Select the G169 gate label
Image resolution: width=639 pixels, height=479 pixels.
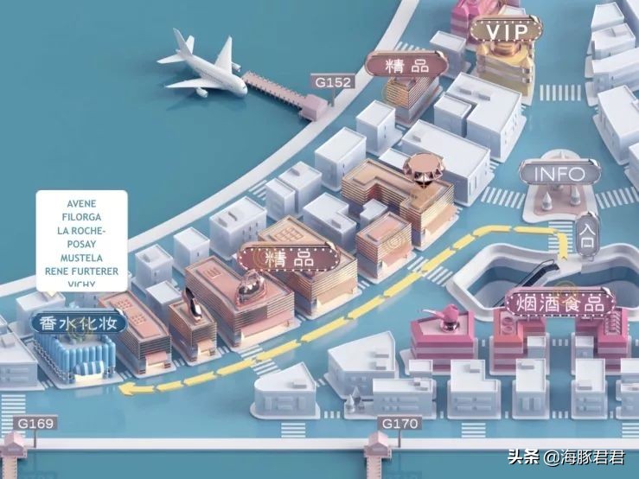[x=35, y=424]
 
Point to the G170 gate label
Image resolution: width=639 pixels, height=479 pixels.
[x=399, y=424]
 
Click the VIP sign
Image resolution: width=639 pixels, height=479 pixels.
[x=506, y=31]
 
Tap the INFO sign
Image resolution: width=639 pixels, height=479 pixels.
[x=559, y=173]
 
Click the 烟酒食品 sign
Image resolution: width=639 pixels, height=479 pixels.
[x=559, y=303]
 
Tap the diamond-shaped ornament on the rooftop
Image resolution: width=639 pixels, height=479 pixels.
[x=422, y=168]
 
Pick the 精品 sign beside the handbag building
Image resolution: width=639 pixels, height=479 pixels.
[x=288, y=258]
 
